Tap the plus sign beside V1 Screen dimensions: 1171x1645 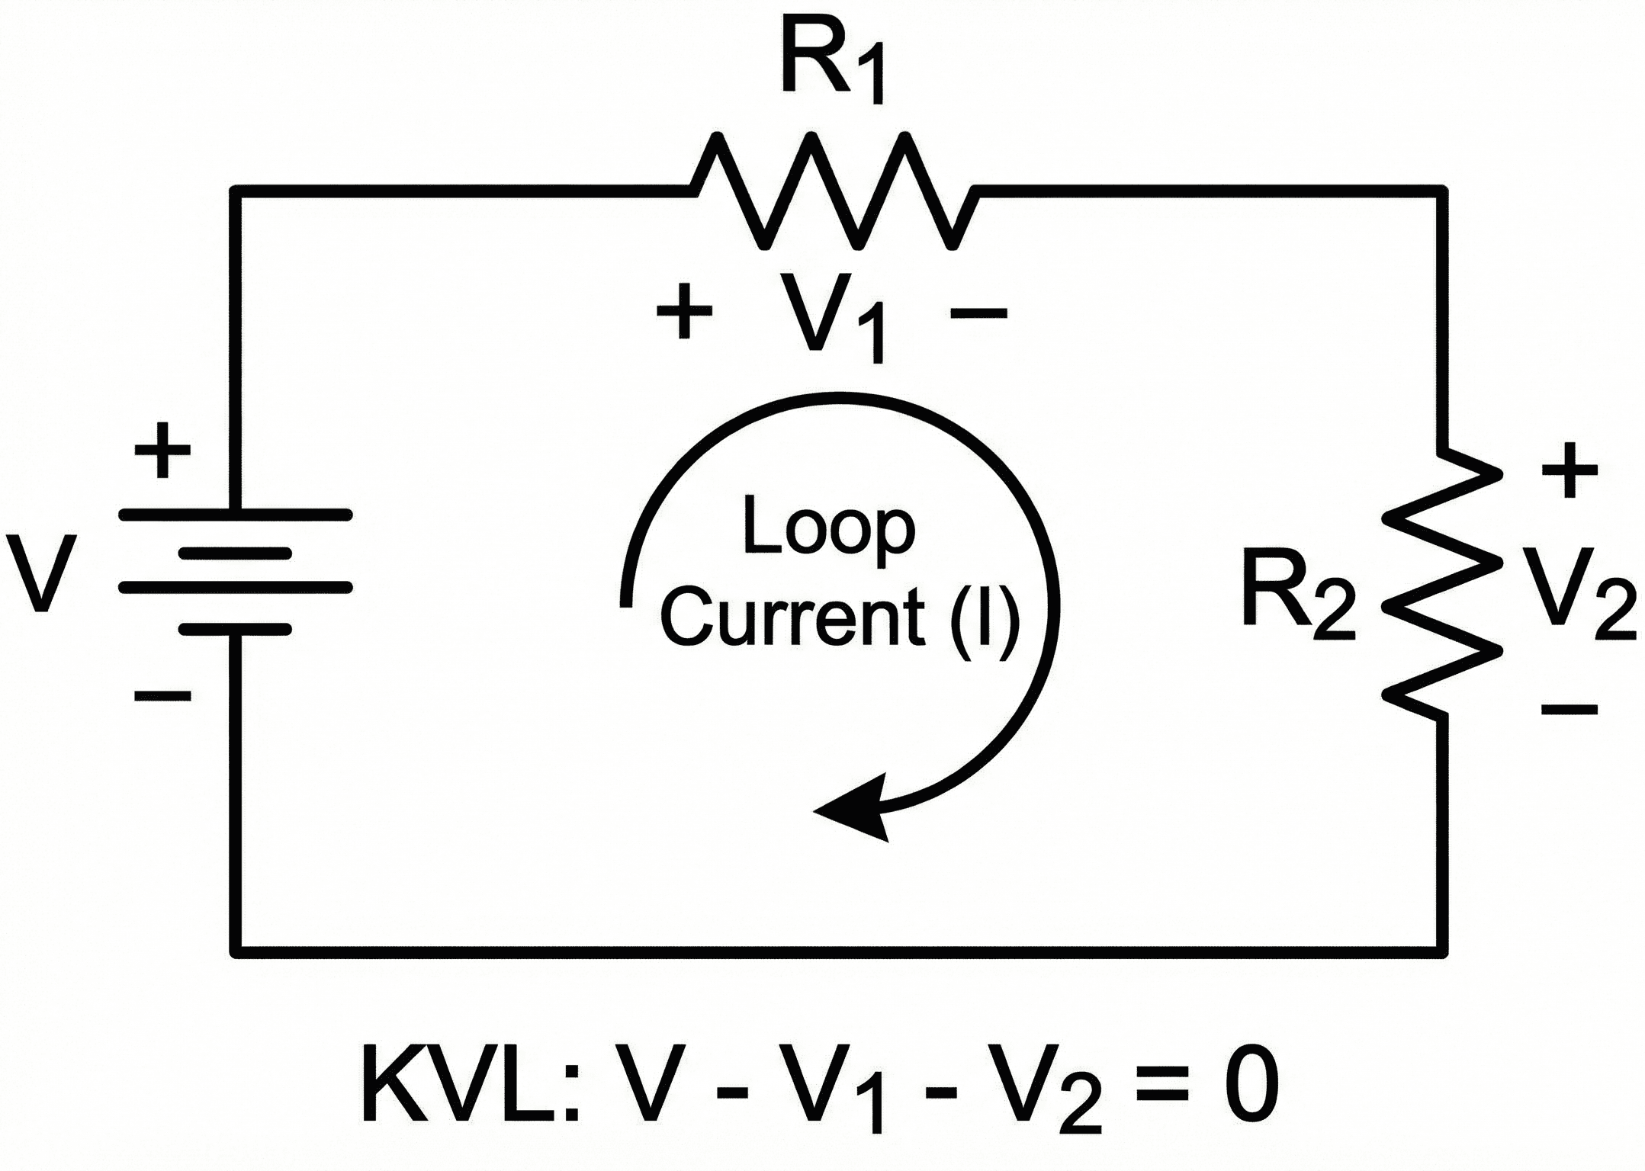click(x=684, y=311)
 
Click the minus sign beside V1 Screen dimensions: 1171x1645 click(x=978, y=312)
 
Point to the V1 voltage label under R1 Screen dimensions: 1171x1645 click(x=831, y=320)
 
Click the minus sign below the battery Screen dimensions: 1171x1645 click(x=162, y=695)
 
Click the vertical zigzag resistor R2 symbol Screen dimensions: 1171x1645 click(x=1441, y=583)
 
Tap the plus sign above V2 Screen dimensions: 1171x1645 click(x=1569, y=470)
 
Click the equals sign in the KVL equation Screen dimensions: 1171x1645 click(x=1161, y=1086)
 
